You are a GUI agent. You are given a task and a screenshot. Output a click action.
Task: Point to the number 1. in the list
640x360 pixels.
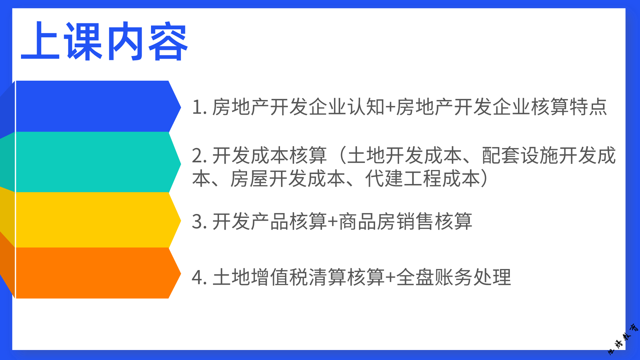(x=200, y=107)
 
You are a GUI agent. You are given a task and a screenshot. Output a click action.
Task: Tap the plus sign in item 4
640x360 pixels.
(x=390, y=278)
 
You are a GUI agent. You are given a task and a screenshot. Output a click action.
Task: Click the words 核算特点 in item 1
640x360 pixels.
(x=569, y=107)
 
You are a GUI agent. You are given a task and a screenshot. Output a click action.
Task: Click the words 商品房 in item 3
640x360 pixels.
(x=367, y=221)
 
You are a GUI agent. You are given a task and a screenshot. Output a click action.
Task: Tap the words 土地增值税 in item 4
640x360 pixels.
(x=260, y=277)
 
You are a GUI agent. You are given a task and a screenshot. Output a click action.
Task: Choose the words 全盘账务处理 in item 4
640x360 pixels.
(x=454, y=277)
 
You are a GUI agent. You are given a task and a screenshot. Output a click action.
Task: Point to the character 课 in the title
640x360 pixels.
(x=84, y=41)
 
